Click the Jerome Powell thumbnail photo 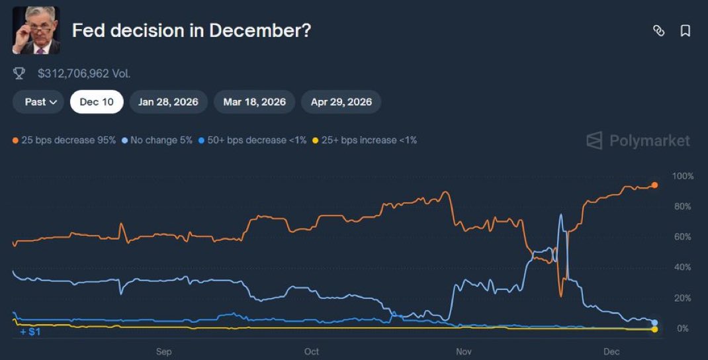[x=36, y=30]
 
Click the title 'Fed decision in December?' [x=191, y=31]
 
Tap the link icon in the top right [x=658, y=30]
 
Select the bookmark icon [x=686, y=30]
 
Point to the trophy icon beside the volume [x=19, y=73]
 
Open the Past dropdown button [x=38, y=102]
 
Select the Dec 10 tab [x=97, y=102]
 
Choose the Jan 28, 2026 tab [x=168, y=102]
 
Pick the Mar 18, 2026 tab [x=254, y=102]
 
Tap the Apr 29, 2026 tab [x=341, y=102]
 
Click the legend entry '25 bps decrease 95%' [x=64, y=140]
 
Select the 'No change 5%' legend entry [x=159, y=140]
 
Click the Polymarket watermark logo [x=638, y=140]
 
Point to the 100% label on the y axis [x=682, y=176]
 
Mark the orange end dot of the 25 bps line [x=654, y=185]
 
